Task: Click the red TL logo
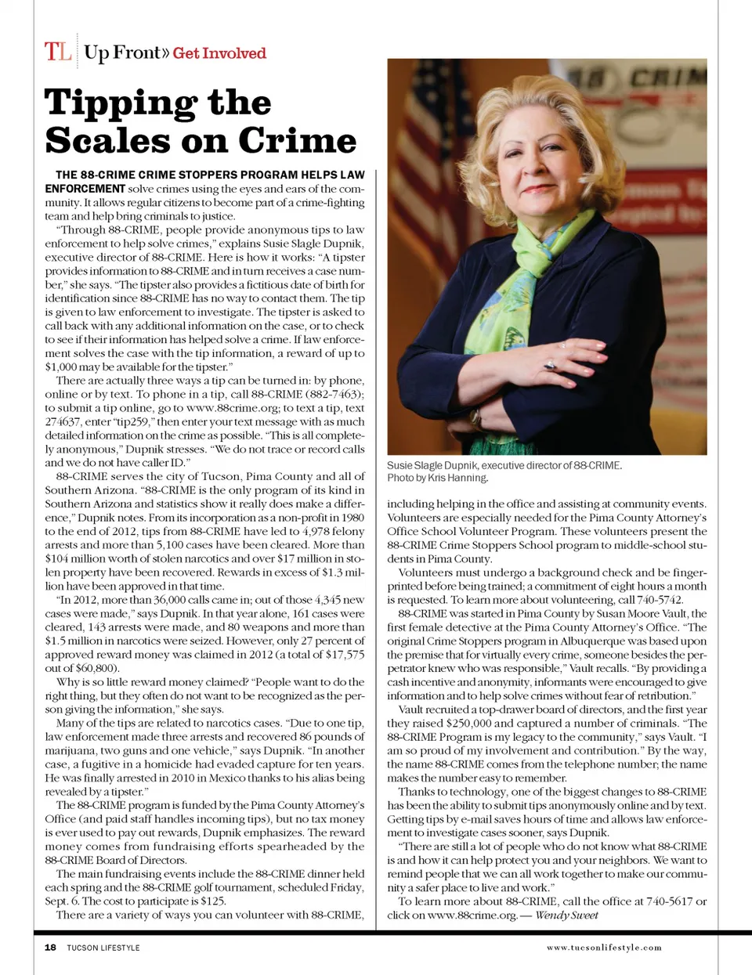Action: coord(58,52)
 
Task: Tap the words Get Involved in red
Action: coord(219,53)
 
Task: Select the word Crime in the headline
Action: coord(298,141)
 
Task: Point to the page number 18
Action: coord(50,948)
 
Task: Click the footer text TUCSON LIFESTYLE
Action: coord(103,948)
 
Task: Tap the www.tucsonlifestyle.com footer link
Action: coord(604,948)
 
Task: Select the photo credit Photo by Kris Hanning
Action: coord(437,478)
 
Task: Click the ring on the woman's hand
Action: coord(549,365)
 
